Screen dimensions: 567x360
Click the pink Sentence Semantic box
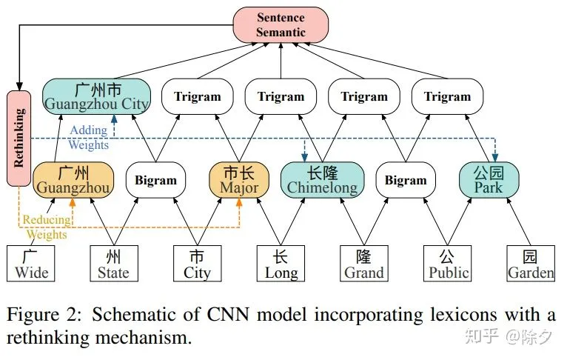pyautogui.click(x=281, y=25)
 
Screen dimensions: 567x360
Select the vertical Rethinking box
pyautogui.click(x=19, y=139)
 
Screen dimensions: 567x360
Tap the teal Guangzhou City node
pyautogui.click(x=96, y=96)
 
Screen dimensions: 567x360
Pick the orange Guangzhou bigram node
pyautogui.click(x=73, y=180)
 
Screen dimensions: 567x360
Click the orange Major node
pyautogui.click(x=239, y=180)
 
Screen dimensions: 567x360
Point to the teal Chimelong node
pyautogui.click(x=322, y=180)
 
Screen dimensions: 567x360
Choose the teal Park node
pyautogui.click(x=489, y=180)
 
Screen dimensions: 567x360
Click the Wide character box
pyautogui.click(x=31, y=264)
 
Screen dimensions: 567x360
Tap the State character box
pyautogui.click(x=114, y=264)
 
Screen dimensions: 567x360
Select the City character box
pyautogui.click(x=198, y=264)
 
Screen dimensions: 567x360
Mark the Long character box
pyautogui.click(x=281, y=264)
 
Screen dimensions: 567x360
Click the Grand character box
pyautogui.click(x=364, y=264)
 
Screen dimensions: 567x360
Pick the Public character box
pyautogui.click(x=447, y=264)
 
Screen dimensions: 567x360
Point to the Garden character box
pyautogui.click(x=531, y=264)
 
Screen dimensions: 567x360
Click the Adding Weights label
pyautogui.click(x=89, y=138)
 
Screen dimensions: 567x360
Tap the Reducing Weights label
pyautogui.click(x=47, y=227)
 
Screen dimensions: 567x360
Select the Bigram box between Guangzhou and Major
pyautogui.click(x=156, y=180)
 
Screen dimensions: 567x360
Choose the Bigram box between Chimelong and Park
pyautogui.click(x=406, y=180)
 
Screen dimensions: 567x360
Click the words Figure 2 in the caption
pyautogui.click(x=44, y=314)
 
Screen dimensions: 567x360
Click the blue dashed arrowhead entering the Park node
pyautogui.click(x=495, y=158)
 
